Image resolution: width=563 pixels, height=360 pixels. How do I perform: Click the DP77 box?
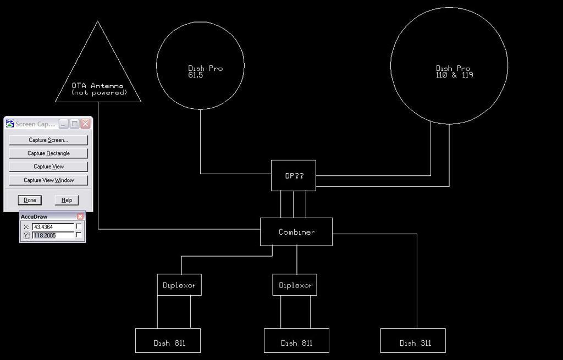point(293,176)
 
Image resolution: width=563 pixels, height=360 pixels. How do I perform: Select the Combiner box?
point(296,232)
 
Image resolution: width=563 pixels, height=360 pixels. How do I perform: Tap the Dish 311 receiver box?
point(413,341)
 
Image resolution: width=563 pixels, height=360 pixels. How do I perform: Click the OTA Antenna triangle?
point(98,77)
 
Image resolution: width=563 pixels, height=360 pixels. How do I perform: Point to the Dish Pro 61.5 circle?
point(200,65)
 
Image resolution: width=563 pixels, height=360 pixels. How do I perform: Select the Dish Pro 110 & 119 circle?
point(449,65)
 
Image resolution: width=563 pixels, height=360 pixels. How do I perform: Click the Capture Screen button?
point(48,140)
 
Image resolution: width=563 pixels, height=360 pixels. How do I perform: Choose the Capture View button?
point(48,167)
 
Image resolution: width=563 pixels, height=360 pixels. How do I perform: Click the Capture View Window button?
point(48,180)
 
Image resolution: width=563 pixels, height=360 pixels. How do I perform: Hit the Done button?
point(30,200)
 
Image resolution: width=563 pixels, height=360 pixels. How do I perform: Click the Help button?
point(67,200)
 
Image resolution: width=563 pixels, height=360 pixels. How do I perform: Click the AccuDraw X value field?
point(53,226)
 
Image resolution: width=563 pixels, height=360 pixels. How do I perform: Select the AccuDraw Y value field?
point(53,235)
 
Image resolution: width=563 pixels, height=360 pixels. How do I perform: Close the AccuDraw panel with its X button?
point(80,217)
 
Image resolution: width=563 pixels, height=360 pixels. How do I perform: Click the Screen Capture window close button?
point(85,124)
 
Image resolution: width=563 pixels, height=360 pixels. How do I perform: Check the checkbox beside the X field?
point(79,226)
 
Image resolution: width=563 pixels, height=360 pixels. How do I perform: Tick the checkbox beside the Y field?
point(79,235)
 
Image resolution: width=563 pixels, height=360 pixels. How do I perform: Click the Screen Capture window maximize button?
point(75,124)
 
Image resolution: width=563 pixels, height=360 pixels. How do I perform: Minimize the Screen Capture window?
point(64,124)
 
